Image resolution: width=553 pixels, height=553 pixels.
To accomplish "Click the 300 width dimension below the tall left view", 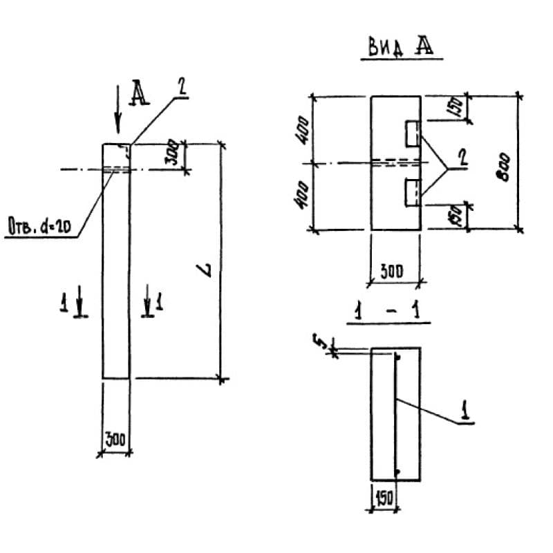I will tap(115, 440).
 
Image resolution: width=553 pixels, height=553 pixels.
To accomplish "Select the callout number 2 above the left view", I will tap(180, 88).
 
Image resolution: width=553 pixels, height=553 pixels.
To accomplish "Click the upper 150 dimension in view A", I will tap(457, 108).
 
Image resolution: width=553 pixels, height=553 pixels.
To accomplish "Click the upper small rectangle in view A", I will tap(412, 133).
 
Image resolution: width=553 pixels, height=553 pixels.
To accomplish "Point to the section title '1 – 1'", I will tap(388, 313).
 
